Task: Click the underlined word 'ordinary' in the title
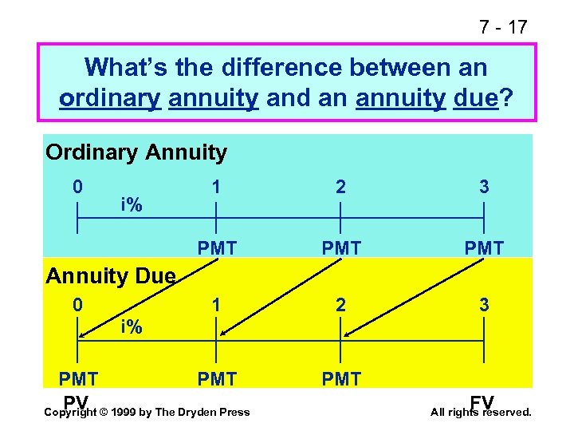pos(110,98)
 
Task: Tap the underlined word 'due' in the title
pos(477,98)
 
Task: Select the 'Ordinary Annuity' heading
pos(136,152)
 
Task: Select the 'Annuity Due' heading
pos(110,276)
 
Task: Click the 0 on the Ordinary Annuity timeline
pos(77,188)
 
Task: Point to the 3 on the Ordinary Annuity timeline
pos(484,188)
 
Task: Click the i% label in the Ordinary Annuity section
pos(132,205)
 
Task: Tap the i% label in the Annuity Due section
pos(132,326)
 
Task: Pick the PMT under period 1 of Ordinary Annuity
pos(217,248)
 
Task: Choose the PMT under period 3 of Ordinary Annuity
pos(484,248)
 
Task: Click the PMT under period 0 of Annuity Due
pos(78,378)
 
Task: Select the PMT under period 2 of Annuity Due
pos(341,378)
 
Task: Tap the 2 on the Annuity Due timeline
pos(341,306)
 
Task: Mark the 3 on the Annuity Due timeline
pos(484,306)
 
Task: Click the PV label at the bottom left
pos(77,400)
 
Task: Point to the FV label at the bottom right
pos(482,400)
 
